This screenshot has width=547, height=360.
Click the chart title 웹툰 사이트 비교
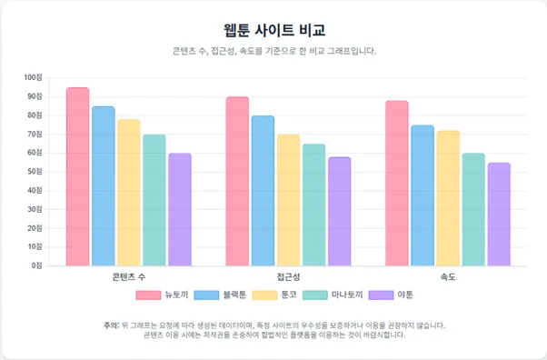[x=273, y=31]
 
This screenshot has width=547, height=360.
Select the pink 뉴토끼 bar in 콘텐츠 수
[x=77, y=177]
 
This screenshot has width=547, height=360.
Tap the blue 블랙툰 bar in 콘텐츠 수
[x=103, y=186]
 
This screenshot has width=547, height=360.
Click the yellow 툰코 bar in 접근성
[x=288, y=200]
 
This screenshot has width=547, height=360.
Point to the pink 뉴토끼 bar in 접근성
[x=237, y=182]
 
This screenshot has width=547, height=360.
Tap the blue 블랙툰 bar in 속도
[x=422, y=195]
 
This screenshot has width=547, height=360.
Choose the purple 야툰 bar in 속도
[x=498, y=215]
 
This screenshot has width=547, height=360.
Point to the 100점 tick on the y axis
[x=35, y=77]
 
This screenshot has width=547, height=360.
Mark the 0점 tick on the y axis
[x=38, y=265]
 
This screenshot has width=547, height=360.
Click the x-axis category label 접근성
[x=288, y=275]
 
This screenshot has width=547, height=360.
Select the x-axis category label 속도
[x=447, y=275]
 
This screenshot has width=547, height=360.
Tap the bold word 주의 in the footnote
[x=111, y=324]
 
